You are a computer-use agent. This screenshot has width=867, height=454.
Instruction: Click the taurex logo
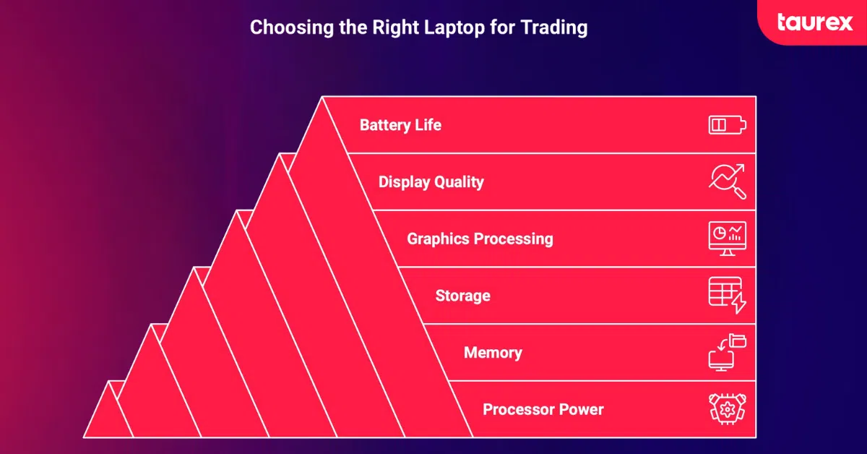click(814, 22)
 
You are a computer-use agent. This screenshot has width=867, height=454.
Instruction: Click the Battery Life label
click(400, 125)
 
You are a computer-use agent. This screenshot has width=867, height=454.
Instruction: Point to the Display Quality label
click(431, 182)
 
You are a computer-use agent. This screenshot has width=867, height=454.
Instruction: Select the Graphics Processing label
click(480, 239)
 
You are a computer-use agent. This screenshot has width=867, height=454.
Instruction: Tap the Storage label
click(462, 296)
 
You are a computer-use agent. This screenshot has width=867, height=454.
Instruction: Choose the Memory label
click(493, 353)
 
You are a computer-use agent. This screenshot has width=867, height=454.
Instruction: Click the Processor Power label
click(543, 410)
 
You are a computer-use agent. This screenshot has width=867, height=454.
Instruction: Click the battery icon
click(727, 125)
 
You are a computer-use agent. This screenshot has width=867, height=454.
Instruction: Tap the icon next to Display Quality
click(727, 182)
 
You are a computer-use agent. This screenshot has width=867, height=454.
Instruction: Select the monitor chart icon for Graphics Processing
click(727, 239)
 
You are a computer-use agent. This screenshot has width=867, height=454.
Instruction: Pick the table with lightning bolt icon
click(727, 296)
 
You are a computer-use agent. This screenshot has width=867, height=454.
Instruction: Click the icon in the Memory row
click(727, 353)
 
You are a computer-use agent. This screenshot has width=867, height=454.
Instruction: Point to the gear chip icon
click(727, 410)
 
